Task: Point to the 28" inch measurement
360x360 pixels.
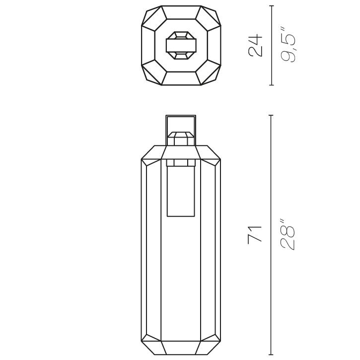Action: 288,234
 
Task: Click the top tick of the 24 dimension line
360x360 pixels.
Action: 271,6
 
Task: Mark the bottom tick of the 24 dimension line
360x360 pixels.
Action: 271,85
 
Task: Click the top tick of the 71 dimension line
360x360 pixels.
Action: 271,115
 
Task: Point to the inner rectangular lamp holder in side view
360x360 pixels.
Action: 181,191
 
